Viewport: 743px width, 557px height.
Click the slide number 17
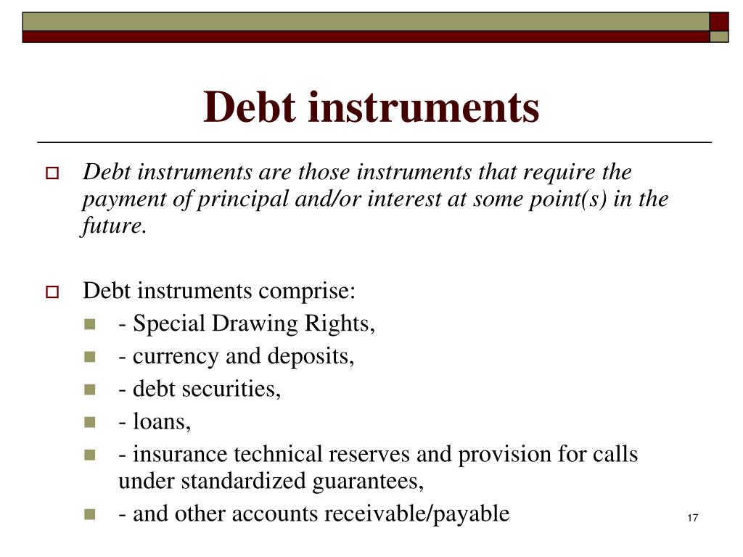[x=691, y=517]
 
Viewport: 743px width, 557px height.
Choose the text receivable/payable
[x=416, y=513]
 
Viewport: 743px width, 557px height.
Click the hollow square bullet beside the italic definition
[x=52, y=175]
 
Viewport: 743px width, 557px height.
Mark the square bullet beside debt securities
[x=90, y=390]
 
